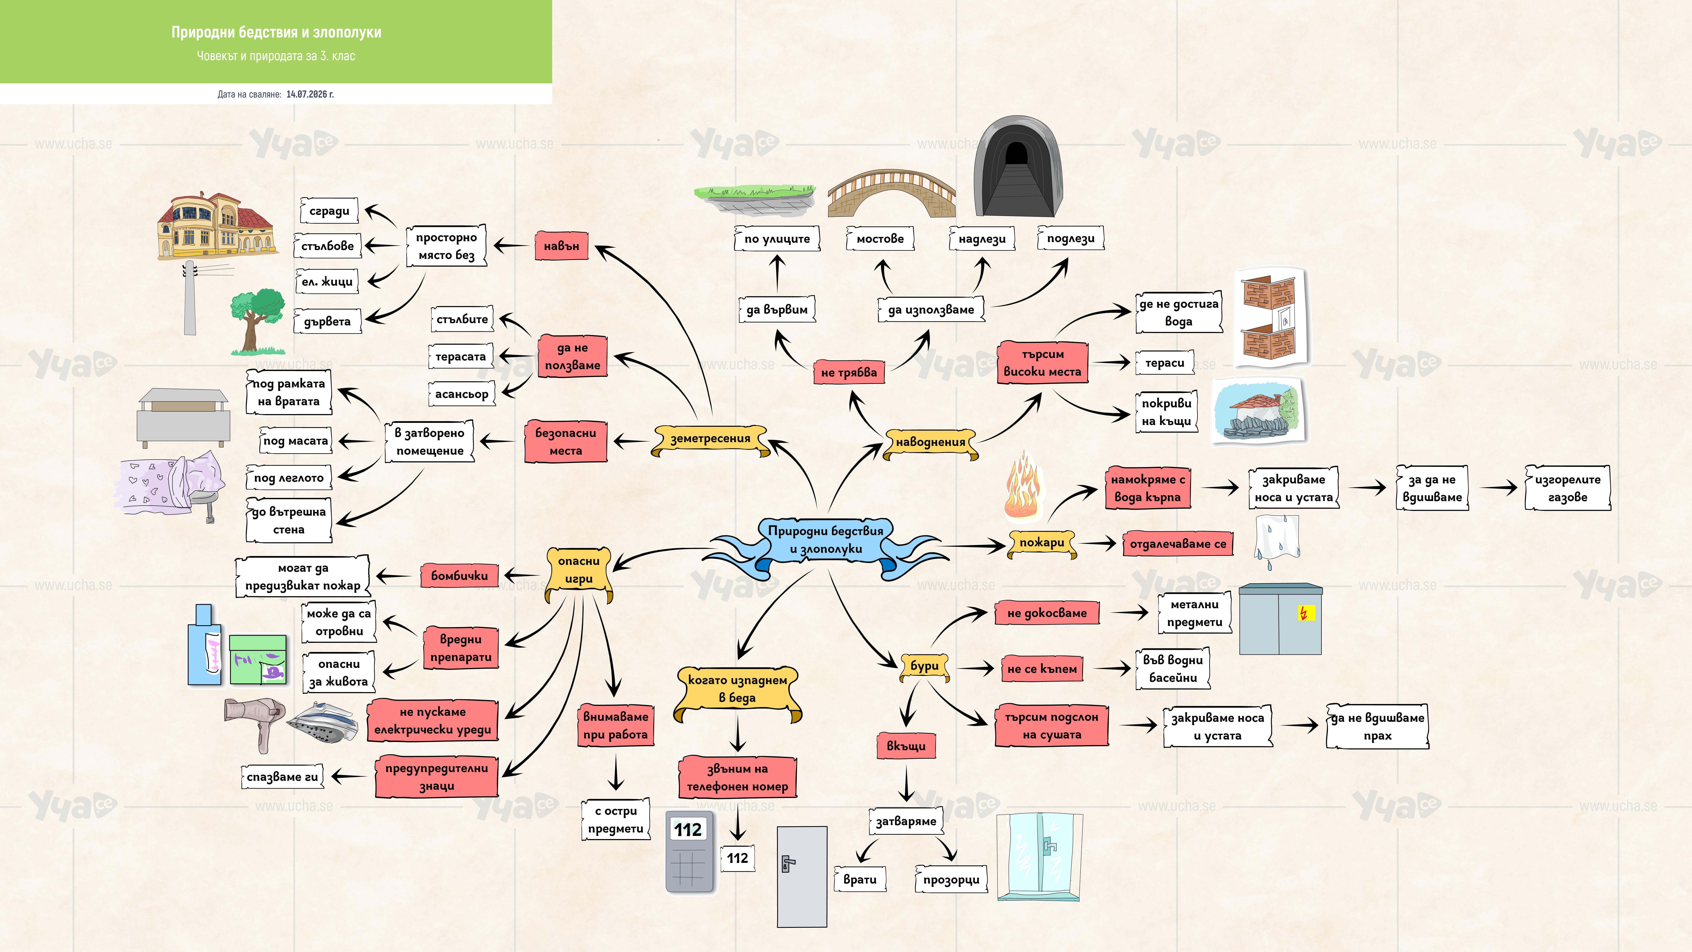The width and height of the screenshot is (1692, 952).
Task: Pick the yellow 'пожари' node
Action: click(x=1042, y=543)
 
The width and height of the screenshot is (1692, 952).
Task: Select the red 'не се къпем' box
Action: click(x=1042, y=669)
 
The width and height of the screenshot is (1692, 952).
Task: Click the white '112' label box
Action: click(x=738, y=858)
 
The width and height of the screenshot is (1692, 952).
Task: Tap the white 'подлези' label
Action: click(x=1071, y=238)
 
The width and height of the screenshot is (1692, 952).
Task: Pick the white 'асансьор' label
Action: click(x=462, y=394)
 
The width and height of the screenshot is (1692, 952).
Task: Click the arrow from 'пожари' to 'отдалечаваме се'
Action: click(x=1098, y=543)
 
